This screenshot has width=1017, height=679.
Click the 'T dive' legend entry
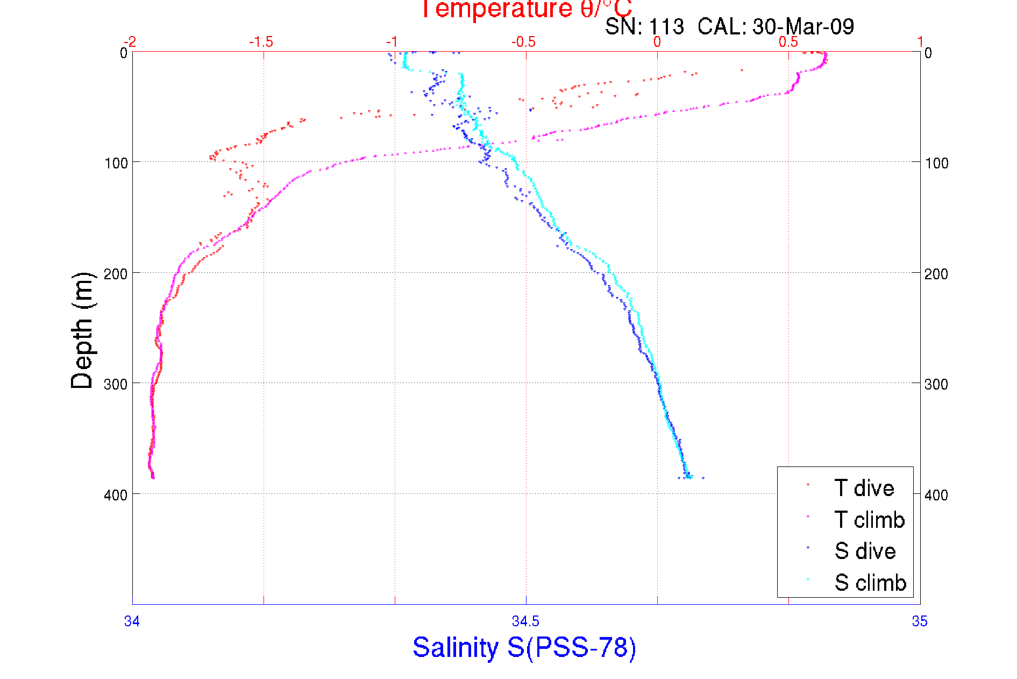click(864, 488)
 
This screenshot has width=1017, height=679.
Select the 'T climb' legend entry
click(869, 520)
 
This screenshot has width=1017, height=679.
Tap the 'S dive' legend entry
click(865, 551)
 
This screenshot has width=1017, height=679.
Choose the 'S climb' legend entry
click(870, 583)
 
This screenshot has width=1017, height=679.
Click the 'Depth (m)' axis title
click(82, 330)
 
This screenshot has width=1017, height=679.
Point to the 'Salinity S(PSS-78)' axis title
click(524, 647)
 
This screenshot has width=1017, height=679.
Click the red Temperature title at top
click(526, 9)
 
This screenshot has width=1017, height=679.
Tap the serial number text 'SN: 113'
click(644, 27)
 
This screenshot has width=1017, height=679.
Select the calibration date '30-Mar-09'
click(803, 27)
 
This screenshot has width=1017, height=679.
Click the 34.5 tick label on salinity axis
click(525, 621)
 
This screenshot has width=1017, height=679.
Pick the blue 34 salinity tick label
click(132, 621)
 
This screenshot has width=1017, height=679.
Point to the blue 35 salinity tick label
click(920, 621)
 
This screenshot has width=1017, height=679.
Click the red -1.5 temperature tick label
click(261, 42)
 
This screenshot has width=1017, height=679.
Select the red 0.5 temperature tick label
click(788, 42)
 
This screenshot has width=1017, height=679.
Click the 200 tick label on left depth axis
click(116, 274)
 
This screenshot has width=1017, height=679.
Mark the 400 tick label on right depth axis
click(936, 495)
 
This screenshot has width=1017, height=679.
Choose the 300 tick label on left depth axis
click(116, 384)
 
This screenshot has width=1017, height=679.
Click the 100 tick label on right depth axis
click(936, 163)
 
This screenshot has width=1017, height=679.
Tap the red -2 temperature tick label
click(130, 42)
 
